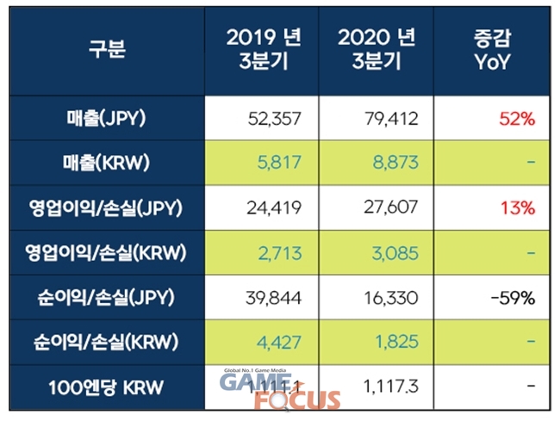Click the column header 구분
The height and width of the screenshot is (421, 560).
pyautogui.click(x=108, y=50)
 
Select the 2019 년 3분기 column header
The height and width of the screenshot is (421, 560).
pyautogui.click(x=264, y=50)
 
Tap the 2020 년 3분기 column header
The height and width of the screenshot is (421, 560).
pyautogui.click(x=378, y=50)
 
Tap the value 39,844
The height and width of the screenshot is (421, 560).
pyautogui.click(x=273, y=299)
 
